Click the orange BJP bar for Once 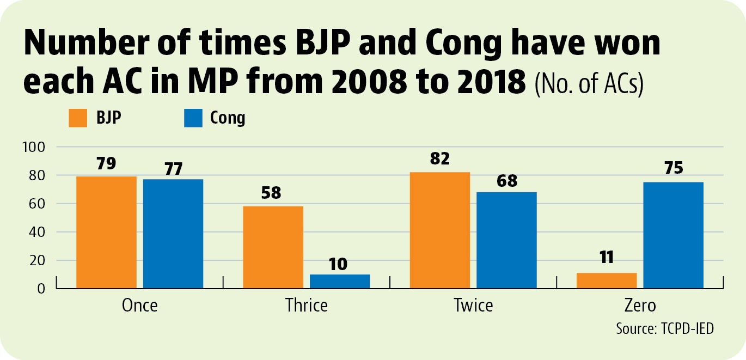click(x=106, y=232)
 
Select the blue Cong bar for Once click(x=173, y=234)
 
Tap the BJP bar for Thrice click(x=273, y=247)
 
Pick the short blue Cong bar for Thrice click(x=340, y=282)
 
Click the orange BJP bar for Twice click(x=440, y=230)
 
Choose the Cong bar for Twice click(x=506, y=240)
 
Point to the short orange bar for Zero click(x=607, y=280)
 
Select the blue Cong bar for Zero click(x=674, y=235)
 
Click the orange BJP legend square click(x=78, y=118)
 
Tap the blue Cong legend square click(x=193, y=118)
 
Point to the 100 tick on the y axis click(x=33, y=147)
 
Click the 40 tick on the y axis click(x=36, y=232)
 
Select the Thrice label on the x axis click(x=307, y=305)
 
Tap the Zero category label click(x=640, y=305)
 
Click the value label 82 click(x=440, y=158)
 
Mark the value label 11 click(x=607, y=257)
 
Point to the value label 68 click(x=507, y=181)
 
